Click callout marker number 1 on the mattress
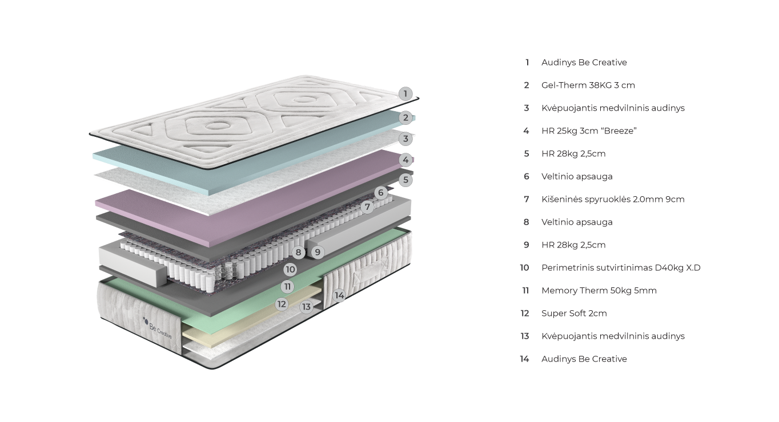pyautogui.click(x=405, y=94)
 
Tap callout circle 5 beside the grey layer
pyautogui.click(x=405, y=180)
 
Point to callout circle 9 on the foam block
pyautogui.click(x=318, y=251)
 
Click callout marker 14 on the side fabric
pyautogui.click(x=339, y=295)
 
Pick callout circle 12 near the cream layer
pyautogui.click(x=282, y=304)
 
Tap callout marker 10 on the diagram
pyautogui.click(x=290, y=269)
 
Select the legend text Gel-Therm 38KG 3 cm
pyautogui.click(x=588, y=86)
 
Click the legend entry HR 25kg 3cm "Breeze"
pyautogui.click(x=589, y=131)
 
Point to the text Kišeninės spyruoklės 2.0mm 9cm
pyautogui.click(x=612, y=200)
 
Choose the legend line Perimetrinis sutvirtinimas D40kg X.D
pyautogui.click(x=620, y=268)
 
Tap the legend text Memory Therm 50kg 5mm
pyautogui.click(x=599, y=291)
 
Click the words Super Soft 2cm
pyautogui.click(x=573, y=314)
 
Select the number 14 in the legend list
pyautogui.click(x=524, y=359)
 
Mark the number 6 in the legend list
pyautogui.click(x=527, y=177)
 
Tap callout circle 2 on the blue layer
pyautogui.click(x=405, y=118)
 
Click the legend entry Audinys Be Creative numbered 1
pyautogui.click(x=584, y=63)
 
